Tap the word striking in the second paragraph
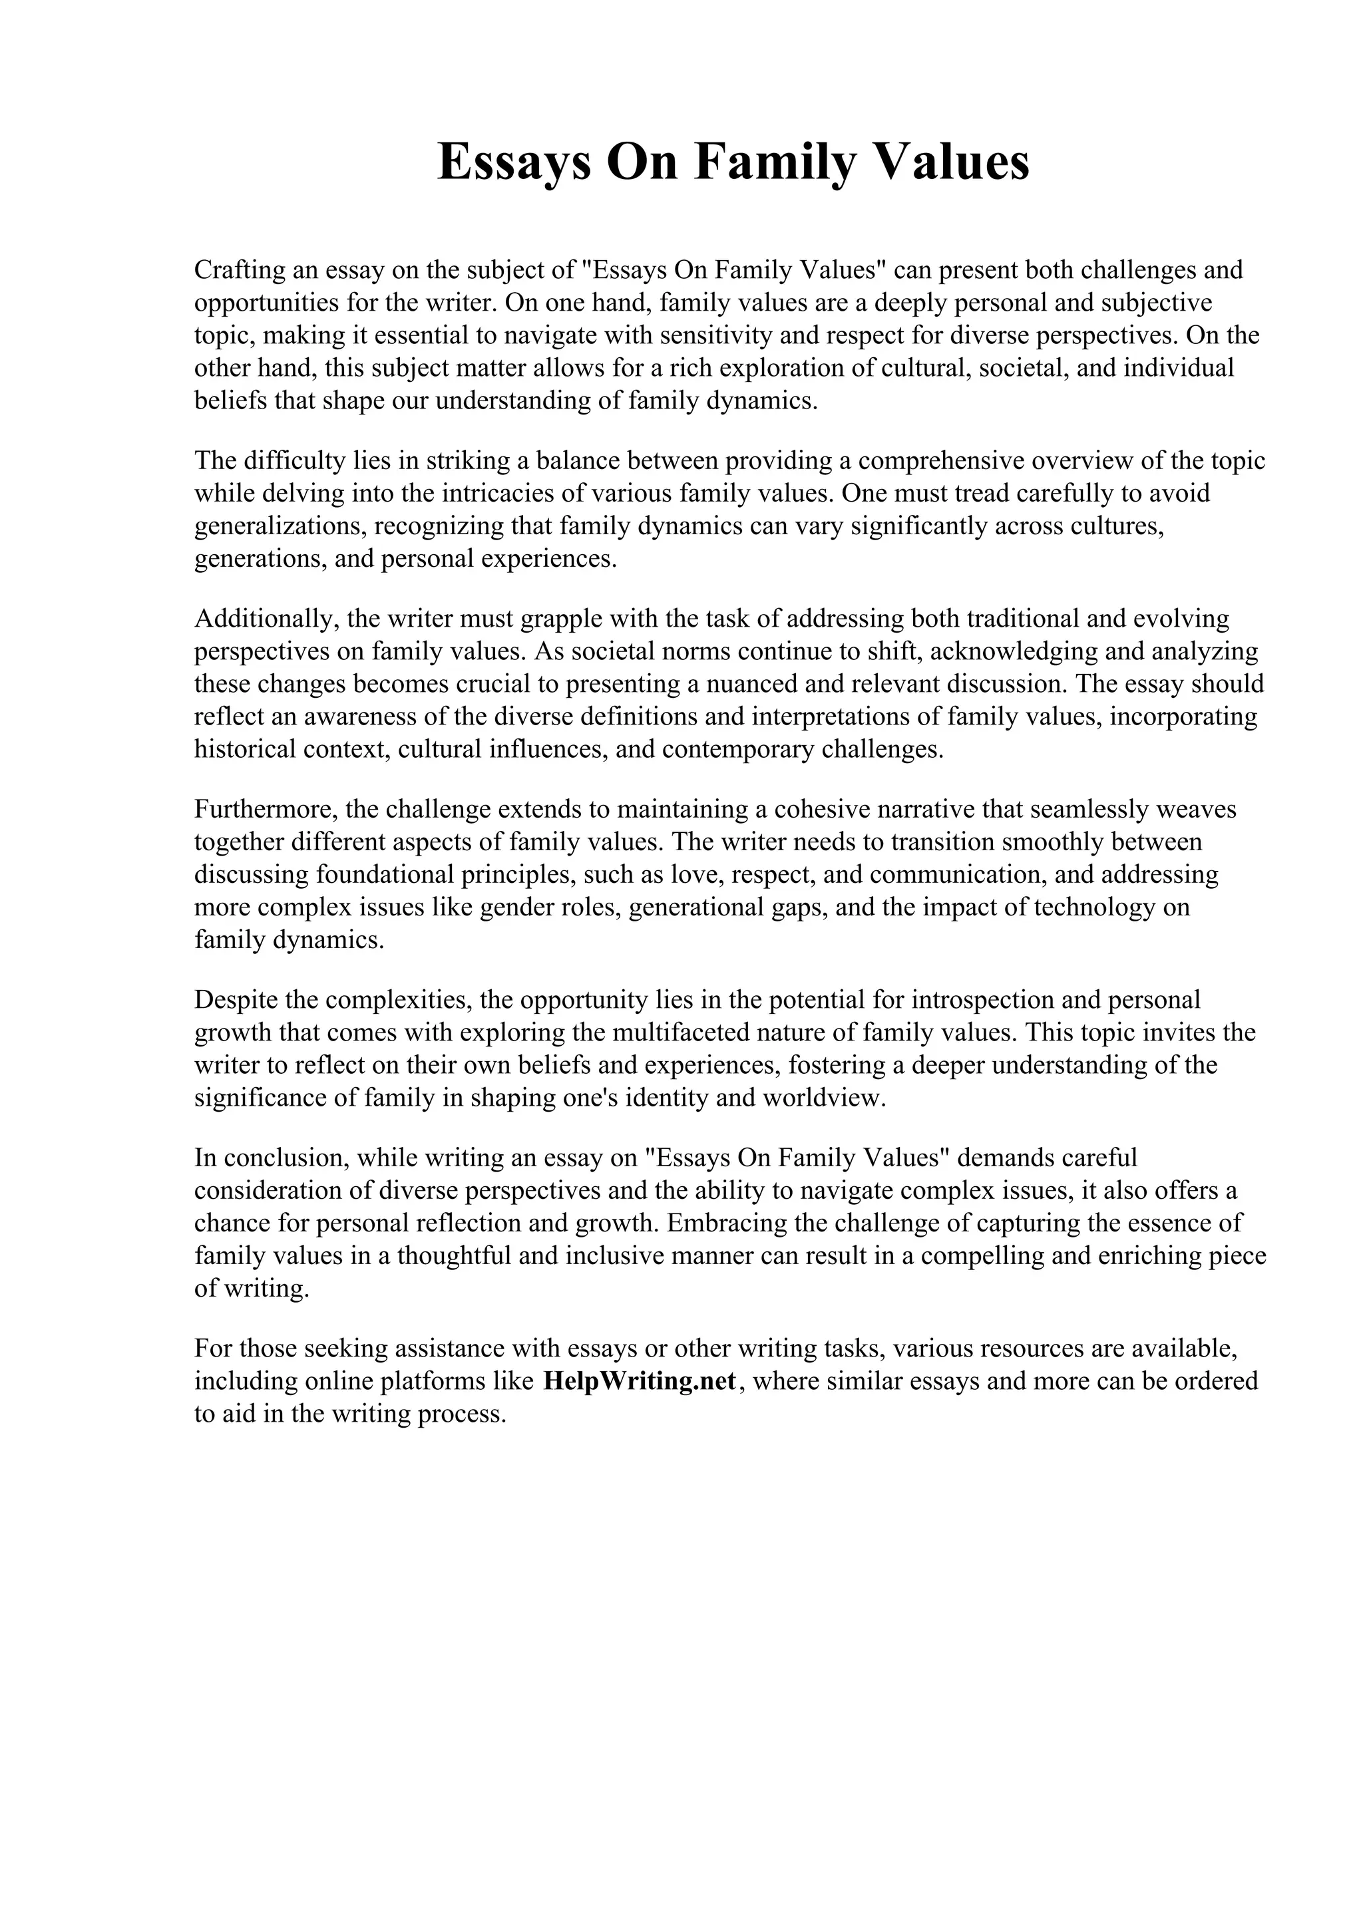coord(466,461)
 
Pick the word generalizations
coord(279,526)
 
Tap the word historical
coord(234,749)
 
